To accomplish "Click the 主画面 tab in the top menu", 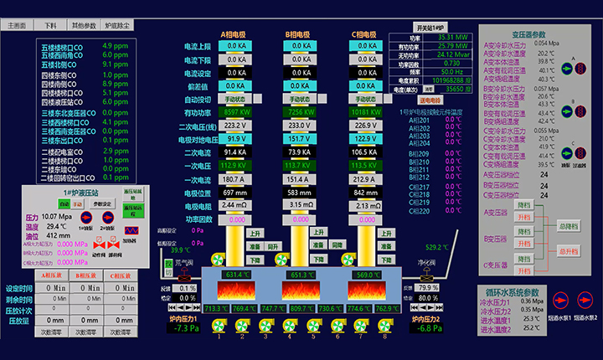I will (17, 25).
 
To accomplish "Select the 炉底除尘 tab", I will (118, 25).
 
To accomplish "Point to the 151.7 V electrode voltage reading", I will (299, 138).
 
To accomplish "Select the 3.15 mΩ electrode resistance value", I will (299, 205).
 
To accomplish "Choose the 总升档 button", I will (569, 250).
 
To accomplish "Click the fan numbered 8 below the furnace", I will (383, 326).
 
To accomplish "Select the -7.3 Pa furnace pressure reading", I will (182, 328).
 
